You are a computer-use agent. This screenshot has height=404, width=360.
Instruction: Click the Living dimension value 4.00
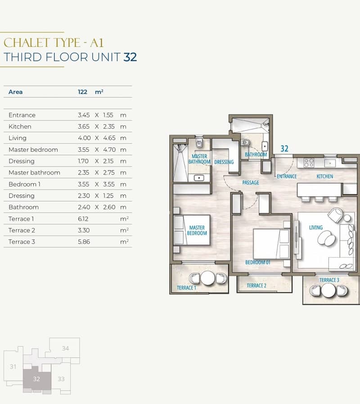[x=84, y=138]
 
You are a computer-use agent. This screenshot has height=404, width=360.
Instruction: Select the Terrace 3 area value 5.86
[x=84, y=242]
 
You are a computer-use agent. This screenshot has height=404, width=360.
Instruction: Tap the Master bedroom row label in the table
[x=33, y=150]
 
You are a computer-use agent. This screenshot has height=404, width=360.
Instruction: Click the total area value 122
[x=82, y=92]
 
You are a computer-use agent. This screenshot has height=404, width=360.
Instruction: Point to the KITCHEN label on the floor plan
[x=325, y=176]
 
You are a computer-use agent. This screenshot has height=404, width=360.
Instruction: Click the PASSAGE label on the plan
[x=251, y=183]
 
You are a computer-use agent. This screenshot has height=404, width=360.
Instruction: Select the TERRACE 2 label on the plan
[x=256, y=286]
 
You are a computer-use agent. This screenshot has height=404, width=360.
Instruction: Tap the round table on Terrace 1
[x=208, y=278]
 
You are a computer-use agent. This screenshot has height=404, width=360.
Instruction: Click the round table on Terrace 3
[x=328, y=290]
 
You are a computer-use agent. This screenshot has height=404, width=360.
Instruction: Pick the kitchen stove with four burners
[x=308, y=163]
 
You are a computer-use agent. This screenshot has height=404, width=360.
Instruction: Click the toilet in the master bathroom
[x=199, y=143]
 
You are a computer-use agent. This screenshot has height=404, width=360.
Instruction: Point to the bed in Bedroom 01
[x=271, y=244]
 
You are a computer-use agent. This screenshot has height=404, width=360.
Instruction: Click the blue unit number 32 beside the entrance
[x=284, y=148]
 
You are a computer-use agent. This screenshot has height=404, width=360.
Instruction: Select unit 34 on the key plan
[x=65, y=348]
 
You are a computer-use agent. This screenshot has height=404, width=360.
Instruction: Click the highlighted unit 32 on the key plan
[x=36, y=379]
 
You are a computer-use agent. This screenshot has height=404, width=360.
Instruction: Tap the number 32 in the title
[x=130, y=57]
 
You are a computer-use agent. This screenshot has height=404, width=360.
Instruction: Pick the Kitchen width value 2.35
[x=109, y=127]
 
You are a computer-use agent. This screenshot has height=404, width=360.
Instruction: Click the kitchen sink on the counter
[x=329, y=163]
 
